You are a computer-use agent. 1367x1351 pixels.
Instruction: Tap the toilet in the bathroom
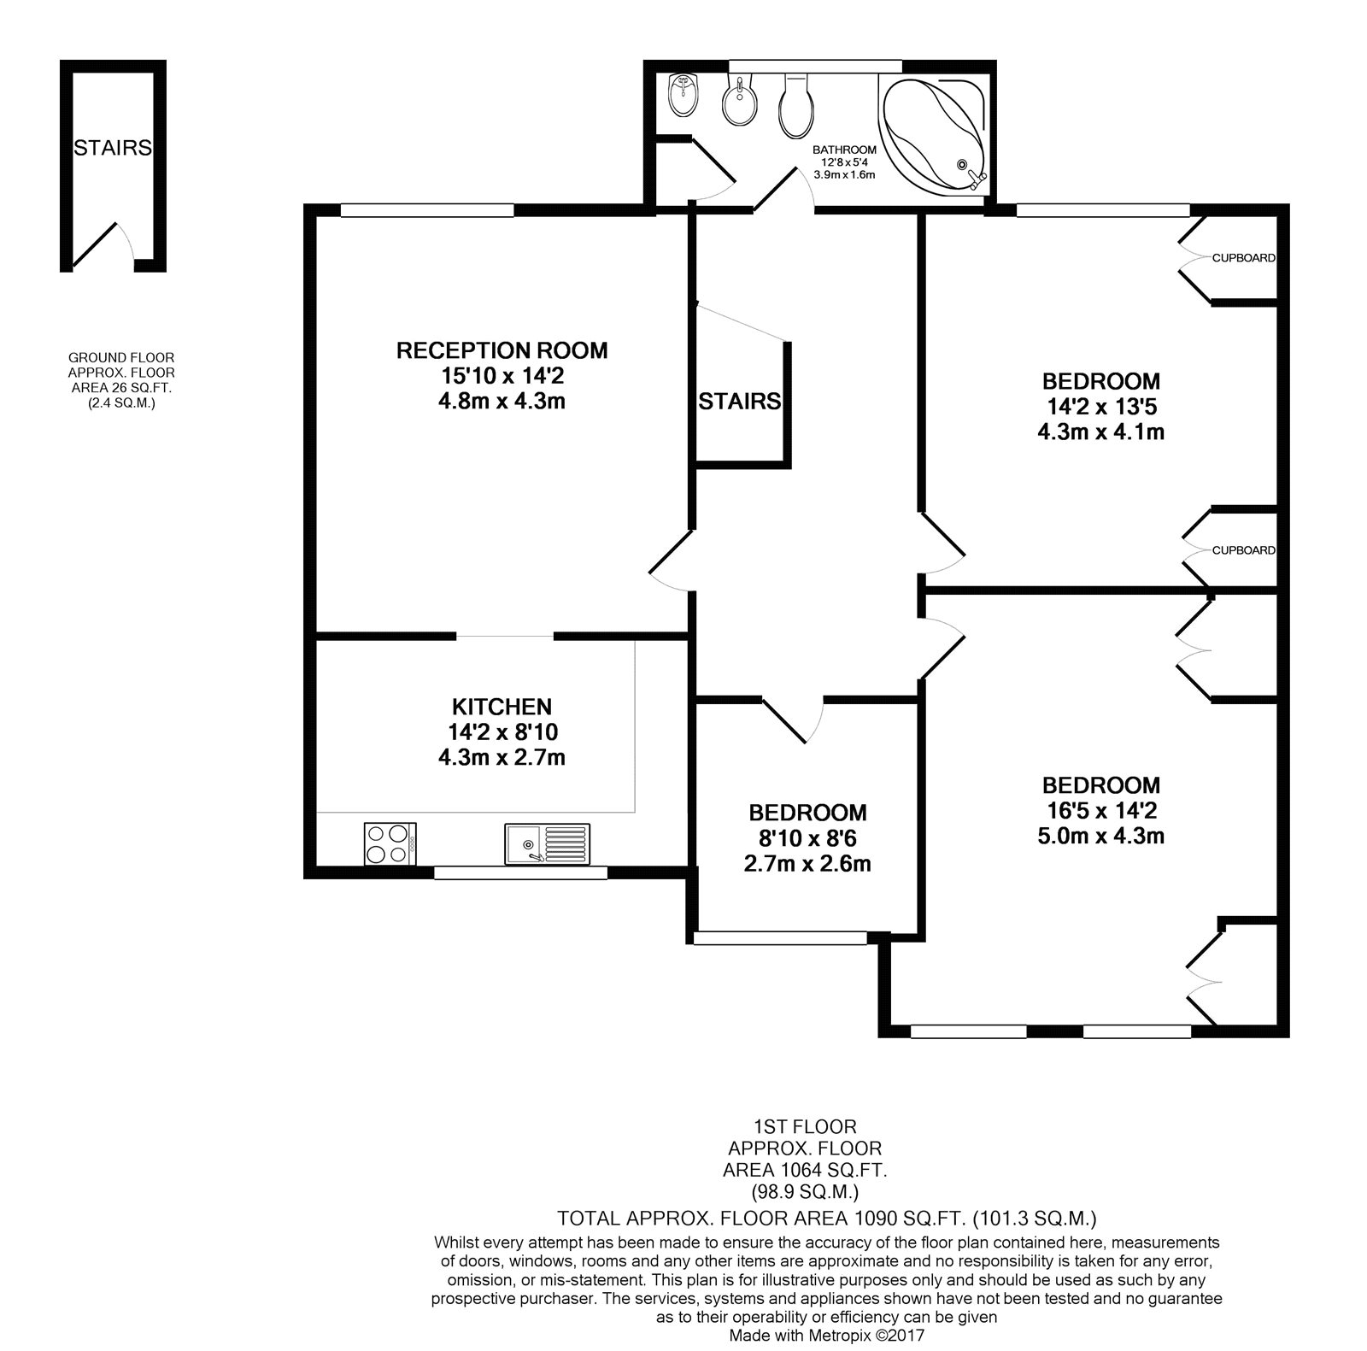coord(795,107)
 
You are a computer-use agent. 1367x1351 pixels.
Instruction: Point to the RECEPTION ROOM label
coord(502,350)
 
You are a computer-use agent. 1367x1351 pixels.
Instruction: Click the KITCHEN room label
coord(502,707)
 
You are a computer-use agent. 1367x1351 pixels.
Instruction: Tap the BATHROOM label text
coord(844,150)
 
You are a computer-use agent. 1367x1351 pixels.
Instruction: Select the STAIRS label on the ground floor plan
coord(113,148)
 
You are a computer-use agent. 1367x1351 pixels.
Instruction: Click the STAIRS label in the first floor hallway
coord(740,401)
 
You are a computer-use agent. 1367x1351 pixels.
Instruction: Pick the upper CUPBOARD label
coord(1244,258)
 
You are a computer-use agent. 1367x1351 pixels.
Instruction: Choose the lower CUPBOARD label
coord(1244,550)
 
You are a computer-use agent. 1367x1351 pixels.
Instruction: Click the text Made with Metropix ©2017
coord(827,1334)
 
